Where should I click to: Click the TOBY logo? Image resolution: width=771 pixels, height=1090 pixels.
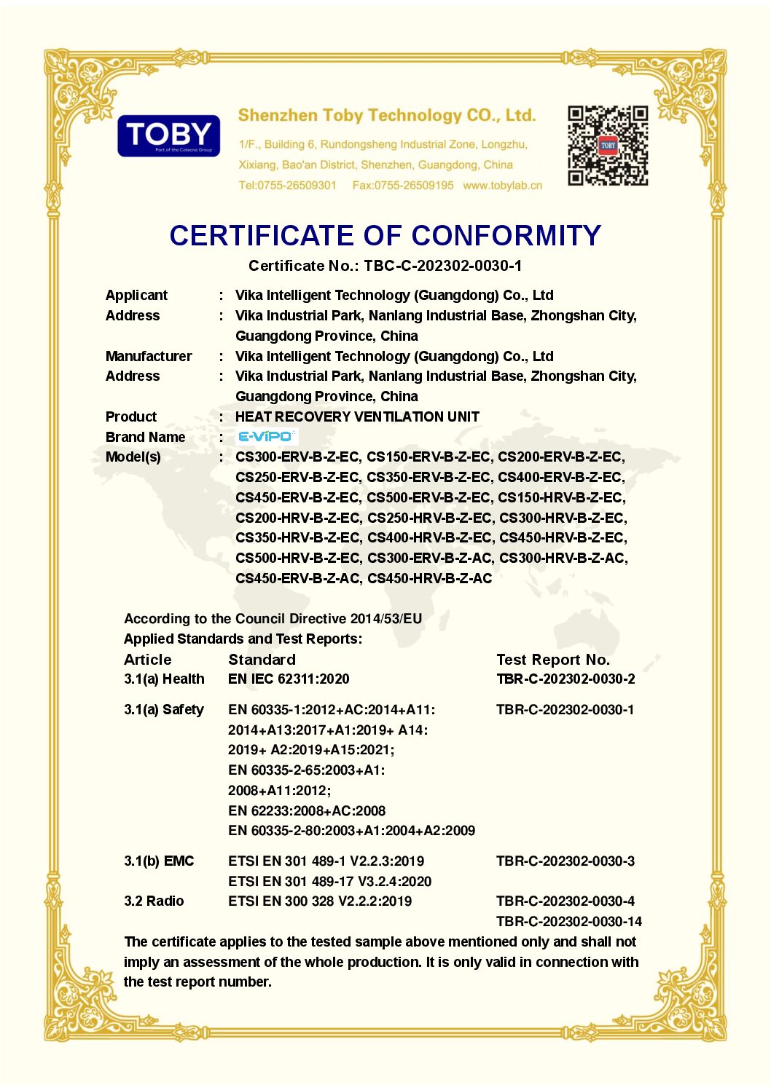pos(168,135)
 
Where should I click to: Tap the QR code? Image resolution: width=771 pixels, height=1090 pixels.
pos(608,146)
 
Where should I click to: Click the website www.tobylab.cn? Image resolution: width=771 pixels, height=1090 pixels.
pos(502,186)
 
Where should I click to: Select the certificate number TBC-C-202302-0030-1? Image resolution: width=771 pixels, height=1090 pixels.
pos(443,266)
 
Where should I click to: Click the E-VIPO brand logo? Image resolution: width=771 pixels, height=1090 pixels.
pos(266,436)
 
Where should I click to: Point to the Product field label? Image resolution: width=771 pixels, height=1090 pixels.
pos(131,416)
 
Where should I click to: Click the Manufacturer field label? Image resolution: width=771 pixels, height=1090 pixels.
pos(149,356)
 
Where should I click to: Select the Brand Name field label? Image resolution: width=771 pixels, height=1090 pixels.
pos(146,437)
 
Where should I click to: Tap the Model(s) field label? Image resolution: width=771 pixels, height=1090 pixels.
pos(133,457)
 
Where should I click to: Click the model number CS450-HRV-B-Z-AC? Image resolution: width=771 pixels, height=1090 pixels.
pos(430,578)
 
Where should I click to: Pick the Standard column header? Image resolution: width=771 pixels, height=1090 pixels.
pos(262,660)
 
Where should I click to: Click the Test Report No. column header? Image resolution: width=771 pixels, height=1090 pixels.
pos(552,660)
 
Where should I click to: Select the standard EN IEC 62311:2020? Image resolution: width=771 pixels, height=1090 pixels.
pos(289,679)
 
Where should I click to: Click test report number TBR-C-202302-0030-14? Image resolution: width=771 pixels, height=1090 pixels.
pos(568,921)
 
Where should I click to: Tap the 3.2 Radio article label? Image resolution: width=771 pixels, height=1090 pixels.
pos(154,901)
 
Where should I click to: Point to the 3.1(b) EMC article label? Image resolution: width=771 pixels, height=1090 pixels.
pos(159,861)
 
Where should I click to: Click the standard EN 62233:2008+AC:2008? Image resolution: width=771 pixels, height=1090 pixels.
pos(307,810)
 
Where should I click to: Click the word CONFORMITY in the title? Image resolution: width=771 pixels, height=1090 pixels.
pos(506,236)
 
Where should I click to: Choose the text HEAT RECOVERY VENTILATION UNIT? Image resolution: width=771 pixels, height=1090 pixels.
pos(357,416)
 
